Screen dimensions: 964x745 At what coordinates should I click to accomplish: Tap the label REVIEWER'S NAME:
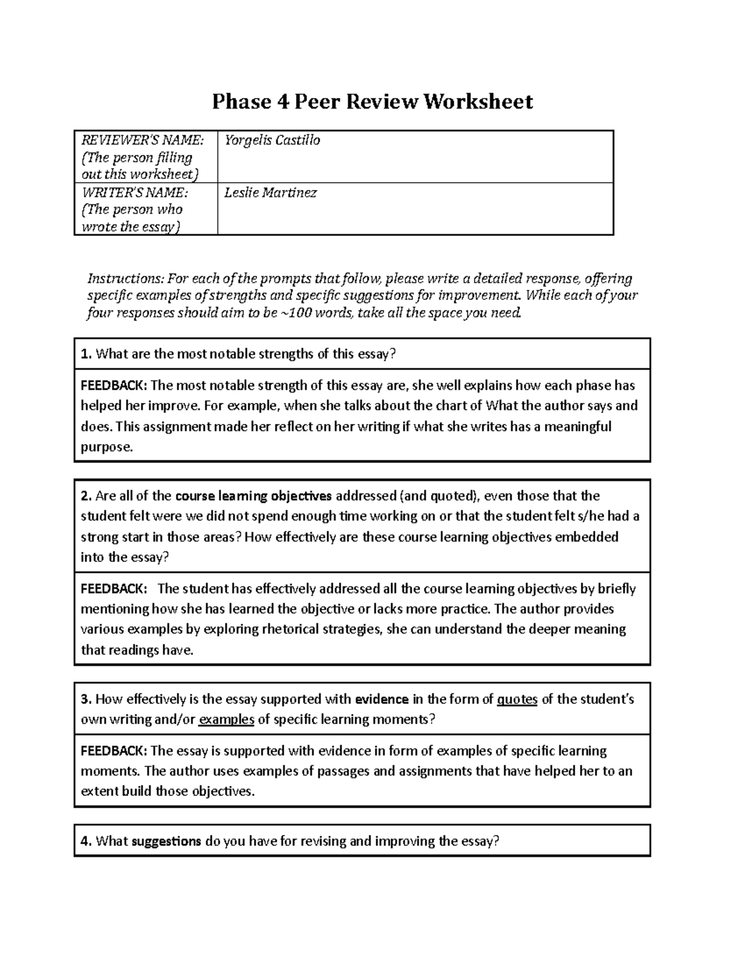pyautogui.click(x=138, y=140)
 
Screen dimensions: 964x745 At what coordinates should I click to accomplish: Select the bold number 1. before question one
pyautogui.click(x=86, y=354)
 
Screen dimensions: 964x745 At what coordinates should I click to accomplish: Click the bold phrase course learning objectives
pyautogui.click(x=254, y=496)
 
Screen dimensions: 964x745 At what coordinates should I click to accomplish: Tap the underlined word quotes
pyautogui.click(x=517, y=700)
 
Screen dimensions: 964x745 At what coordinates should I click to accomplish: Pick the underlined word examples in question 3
pyautogui.click(x=226, y=720)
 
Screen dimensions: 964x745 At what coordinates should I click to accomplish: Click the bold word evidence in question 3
pyautogui.click(x=381, y=700)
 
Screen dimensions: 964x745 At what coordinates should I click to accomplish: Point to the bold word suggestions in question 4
pyautogui.click(x=166, y=842)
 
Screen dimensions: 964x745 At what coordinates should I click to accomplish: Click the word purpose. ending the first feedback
pyautogui.click(x=107, y=447)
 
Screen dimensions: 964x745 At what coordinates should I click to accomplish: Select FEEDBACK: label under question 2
pyautogui.click(x=114, y=588)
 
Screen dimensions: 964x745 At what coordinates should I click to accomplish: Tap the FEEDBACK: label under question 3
pyautogui.click(x=114, y=751)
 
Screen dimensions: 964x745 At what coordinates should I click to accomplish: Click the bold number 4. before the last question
pyautogui.click(x=86, y=842)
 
